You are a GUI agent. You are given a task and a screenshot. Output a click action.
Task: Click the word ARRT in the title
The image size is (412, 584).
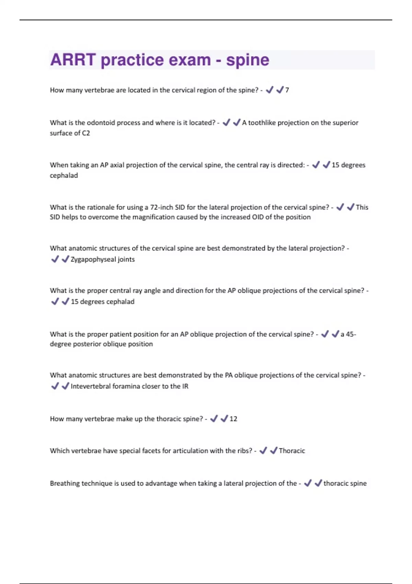(x=73, y=60)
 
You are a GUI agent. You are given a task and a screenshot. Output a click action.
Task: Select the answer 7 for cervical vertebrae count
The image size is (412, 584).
(x=287, y=90)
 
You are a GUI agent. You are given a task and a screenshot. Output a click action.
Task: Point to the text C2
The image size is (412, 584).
(x=86, y=133)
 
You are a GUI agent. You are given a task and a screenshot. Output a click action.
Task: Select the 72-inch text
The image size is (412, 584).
(x=161, y=207)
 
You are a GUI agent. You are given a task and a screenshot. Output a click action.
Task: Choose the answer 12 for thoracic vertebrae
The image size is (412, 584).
(x=233, y=419)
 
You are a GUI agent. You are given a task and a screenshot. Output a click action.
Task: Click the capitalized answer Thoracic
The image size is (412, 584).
(x=292, y=451)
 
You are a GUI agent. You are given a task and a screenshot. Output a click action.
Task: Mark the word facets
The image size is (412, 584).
(x=150, y=451)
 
